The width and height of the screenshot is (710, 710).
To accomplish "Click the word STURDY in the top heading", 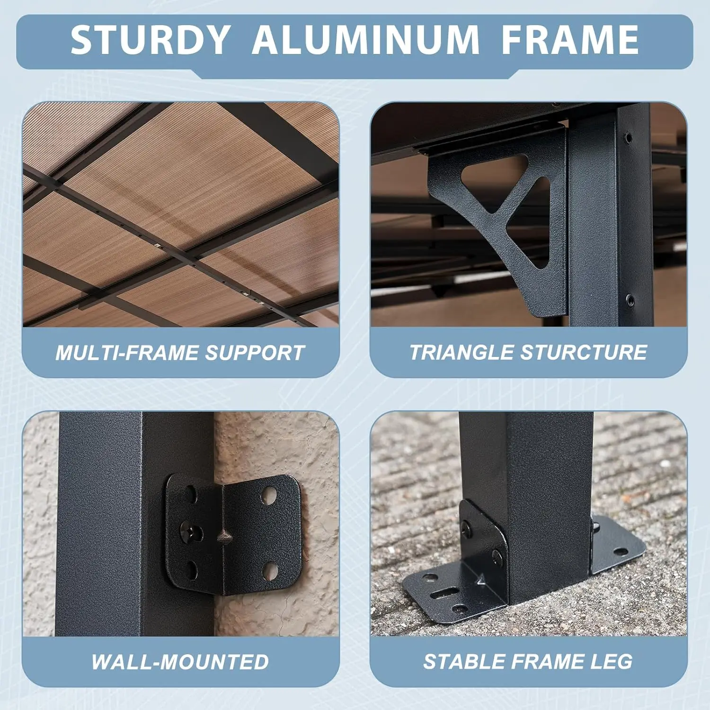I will (151, 40).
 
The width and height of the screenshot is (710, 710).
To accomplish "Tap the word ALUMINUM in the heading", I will (365, 40).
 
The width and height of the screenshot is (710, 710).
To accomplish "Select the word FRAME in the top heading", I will (570, 40).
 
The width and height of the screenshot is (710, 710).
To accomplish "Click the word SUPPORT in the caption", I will (255, 353).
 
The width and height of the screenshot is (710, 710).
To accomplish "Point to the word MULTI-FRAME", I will (128, 353).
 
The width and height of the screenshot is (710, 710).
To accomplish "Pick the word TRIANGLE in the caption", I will (461, 353).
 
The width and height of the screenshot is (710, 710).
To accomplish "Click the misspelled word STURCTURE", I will (584, 353).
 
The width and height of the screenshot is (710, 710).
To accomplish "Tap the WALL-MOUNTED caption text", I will (180, 662).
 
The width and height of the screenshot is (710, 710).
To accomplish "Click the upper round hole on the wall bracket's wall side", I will (269, 495).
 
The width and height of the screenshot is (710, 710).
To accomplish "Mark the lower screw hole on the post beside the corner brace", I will (629, 300).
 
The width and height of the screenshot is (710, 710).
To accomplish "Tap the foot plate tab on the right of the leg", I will (618, 544).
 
